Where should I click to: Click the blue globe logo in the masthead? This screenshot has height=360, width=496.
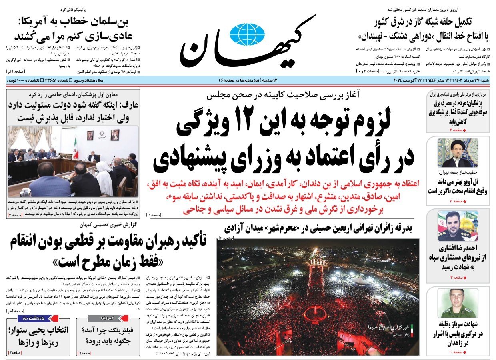248,34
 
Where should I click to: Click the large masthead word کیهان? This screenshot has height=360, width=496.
248,44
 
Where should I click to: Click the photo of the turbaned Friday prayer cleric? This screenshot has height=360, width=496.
457,153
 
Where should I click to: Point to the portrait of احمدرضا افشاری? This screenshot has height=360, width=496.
457,226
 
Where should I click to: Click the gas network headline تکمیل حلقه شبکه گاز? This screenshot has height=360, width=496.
425,22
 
